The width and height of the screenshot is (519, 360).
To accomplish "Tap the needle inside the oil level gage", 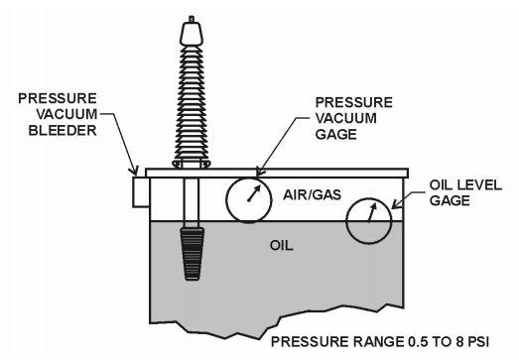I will point(370,213).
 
